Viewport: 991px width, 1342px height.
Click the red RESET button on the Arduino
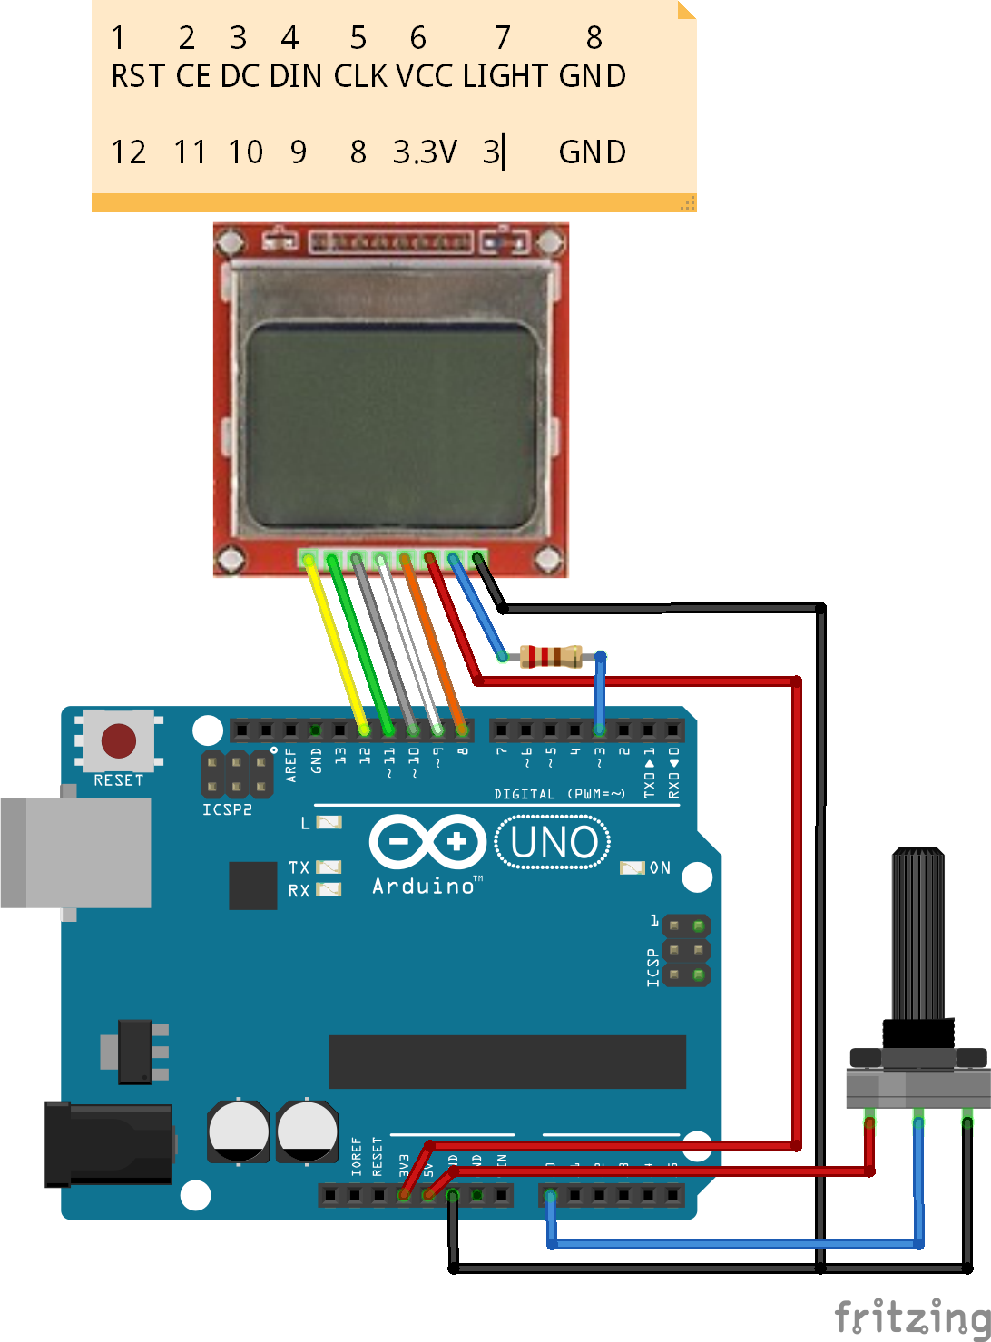pos(119,740)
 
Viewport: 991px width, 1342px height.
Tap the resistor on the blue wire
pos(551,655)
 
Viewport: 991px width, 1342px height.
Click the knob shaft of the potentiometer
pos(918,935)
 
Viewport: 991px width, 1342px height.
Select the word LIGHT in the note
pos(505,76)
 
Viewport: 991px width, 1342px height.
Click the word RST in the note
pos(138,76)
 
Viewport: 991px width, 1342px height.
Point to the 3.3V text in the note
pos(425,152)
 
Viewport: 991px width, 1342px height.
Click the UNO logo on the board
pos(554,842)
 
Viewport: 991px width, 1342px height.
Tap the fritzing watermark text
pos(911,1317)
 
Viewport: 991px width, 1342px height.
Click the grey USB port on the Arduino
pos(77,852)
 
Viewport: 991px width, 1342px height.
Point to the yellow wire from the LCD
pos(337,644)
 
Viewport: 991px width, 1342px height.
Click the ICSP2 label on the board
pos(227,809)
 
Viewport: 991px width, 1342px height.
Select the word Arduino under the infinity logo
pos(424,886)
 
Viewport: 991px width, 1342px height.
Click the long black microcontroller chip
pos(506,1061)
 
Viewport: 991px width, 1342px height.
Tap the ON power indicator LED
pos(632,868)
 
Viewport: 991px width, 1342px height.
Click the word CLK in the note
pos(360,76)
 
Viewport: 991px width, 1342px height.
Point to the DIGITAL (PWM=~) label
pos(559,794)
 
